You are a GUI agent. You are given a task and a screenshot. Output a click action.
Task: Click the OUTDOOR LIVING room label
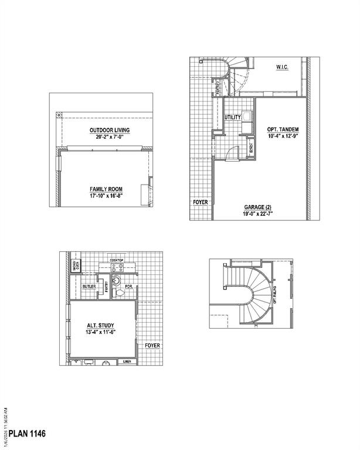coord(110,129)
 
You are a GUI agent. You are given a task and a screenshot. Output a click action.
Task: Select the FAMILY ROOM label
coord(106,189)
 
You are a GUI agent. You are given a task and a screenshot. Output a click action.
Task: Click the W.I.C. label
coord(281,67)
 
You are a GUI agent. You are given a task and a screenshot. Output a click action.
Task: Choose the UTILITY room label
coord(233,117)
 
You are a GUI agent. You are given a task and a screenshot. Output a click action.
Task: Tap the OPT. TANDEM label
coord(283,129)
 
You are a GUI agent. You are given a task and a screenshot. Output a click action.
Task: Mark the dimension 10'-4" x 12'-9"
coord(283,136)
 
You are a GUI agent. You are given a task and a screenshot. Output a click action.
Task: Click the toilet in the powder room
coord(118,289)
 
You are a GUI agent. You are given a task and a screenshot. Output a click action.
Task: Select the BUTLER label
coord(89,287)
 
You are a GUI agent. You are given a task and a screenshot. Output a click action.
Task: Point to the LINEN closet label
coord(127,362)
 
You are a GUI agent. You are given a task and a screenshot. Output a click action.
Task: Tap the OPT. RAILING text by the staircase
coord(291,293)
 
